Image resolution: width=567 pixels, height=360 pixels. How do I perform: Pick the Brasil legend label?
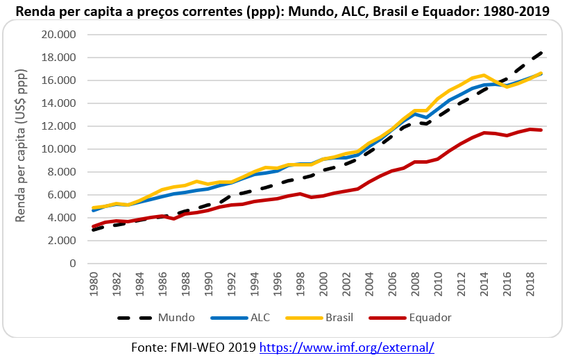point(340,318)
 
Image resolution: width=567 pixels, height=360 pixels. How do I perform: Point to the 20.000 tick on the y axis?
point(58,35)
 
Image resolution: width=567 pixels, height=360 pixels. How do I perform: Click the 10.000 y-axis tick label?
point(58,149)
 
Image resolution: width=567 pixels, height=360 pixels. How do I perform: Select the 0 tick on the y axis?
point(70,264)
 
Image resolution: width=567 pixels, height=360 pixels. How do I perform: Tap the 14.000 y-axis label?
point(58,103)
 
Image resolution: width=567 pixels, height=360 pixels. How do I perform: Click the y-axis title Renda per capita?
point(22,146)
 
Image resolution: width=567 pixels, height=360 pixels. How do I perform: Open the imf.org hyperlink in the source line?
point(346,347)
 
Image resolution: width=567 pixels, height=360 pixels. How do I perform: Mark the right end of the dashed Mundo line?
point(541,52)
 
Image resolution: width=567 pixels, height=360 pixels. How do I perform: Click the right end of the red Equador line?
point(541,130)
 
